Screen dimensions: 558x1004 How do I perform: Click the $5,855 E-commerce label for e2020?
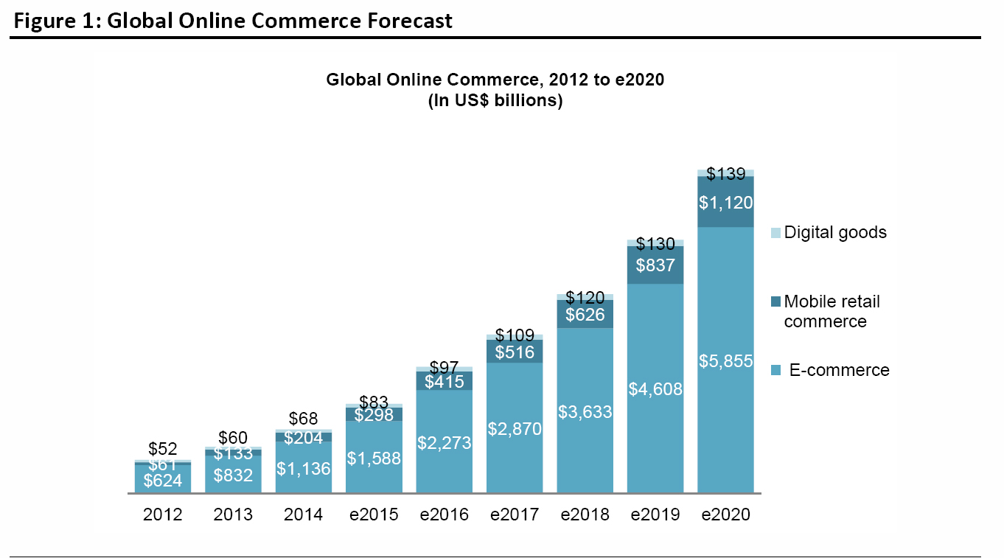(725, 361)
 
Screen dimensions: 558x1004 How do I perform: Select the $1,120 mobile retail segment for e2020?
(725, 201)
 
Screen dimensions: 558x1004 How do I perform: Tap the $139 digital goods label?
(725, 175)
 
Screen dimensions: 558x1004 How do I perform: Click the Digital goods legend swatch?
(775, 233)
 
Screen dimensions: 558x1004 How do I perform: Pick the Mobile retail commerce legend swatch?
(775, 301)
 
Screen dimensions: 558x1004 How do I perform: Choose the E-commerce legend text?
(839, 370)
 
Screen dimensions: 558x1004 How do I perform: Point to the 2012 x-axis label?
(162, 515)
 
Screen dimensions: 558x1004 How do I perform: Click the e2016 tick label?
(444, 515)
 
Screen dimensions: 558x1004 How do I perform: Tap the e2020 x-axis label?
(725, 515)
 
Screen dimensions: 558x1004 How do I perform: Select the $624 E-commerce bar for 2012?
(163, 481)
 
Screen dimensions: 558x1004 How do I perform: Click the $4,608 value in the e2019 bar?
(655, 389)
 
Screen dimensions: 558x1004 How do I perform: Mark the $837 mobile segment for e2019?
(655, 265)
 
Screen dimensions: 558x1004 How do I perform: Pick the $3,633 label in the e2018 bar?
(585, 412)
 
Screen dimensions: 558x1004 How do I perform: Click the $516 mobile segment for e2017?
(515, 352)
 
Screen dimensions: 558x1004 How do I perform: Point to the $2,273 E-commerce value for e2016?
(444, 443)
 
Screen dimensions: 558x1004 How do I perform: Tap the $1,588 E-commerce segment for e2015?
(374, 458)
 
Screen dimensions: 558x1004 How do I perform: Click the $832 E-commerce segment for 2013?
(233, 475)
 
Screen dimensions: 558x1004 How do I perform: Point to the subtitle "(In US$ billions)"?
(495, 101)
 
